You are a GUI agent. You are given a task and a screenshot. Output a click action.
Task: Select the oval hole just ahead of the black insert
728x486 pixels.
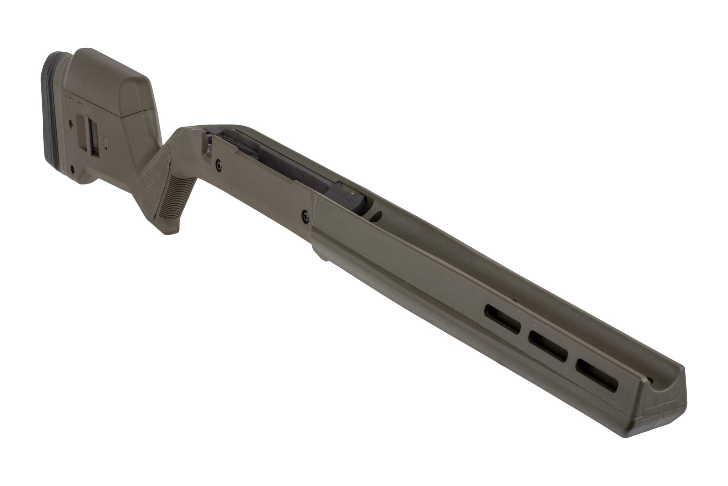pos(376,216)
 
